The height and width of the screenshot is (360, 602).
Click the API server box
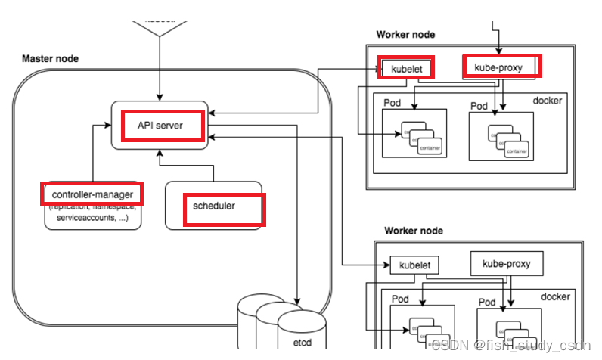point(160,124)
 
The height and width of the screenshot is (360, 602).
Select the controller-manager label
point(92,194)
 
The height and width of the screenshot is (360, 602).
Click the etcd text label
point(301,342)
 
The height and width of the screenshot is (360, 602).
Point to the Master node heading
point(50,58)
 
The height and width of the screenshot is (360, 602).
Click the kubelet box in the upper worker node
point(408,69)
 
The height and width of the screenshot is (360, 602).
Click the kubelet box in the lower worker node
point(414,265)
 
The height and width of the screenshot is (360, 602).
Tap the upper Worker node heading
point(405,35)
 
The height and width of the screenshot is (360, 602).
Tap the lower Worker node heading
point(414,231)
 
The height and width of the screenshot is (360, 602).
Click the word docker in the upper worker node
point(547,101)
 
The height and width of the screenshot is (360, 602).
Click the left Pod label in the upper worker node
point(391,104)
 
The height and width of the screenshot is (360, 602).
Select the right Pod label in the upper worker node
point(479,106)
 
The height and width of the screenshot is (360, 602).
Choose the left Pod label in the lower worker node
point(400,299)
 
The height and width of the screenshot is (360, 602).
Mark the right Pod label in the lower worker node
point(487,302)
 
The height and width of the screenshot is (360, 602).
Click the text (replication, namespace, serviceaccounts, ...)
point(92,211)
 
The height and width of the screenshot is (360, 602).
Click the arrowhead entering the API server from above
point(160,97)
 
